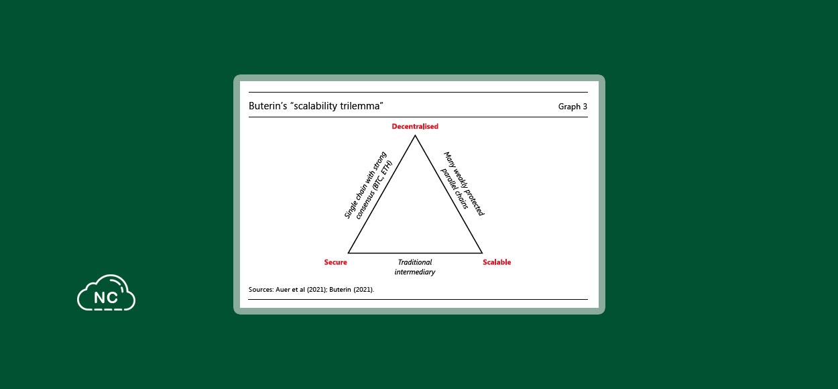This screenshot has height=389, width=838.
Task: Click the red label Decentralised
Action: point(415,127)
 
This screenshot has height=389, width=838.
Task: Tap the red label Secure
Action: point(336,262)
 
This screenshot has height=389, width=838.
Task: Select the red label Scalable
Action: point(497,262)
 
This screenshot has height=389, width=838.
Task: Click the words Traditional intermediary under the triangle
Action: point(415,267)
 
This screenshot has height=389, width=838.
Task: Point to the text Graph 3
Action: point(573,107)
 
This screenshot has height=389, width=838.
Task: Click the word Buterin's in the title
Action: point(268,106)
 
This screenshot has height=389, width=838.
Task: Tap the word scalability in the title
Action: point(316,107)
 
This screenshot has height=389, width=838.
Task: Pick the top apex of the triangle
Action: point(415,135)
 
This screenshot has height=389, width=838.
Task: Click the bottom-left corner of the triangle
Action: point(349,253)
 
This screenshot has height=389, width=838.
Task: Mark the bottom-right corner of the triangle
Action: point(482,253)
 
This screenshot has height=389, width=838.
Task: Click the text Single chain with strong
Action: point(365,185)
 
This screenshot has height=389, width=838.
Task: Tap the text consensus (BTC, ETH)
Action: point(373,190)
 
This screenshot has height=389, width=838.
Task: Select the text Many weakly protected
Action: point(464,184)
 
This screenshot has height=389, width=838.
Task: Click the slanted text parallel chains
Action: point(455,188)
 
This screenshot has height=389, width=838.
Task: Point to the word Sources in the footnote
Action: point(261,290)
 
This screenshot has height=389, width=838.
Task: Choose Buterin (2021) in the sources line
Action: point(351,290)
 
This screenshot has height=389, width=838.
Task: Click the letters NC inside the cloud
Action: point(106,298)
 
